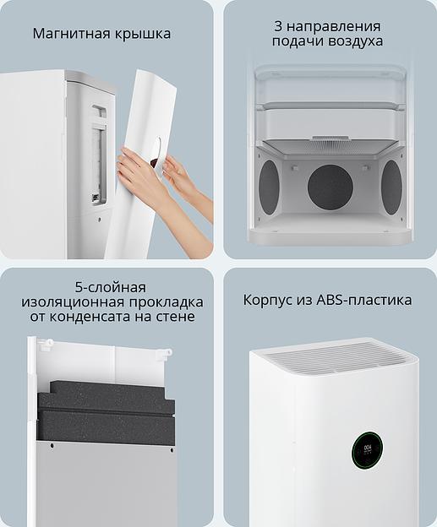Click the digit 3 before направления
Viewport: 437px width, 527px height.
coord(276,26)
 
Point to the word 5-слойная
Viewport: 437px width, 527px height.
coord(110,287)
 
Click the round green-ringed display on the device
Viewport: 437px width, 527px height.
coord(368,450)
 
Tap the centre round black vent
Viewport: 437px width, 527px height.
coord(330,187)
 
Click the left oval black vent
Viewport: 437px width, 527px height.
coord(268,187)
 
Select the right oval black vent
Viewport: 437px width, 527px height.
coord(391,187)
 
